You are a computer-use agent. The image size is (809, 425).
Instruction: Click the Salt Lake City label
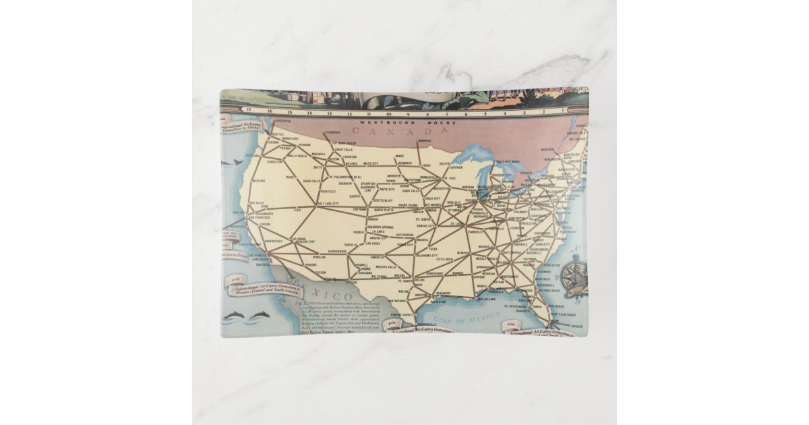coord(328,203)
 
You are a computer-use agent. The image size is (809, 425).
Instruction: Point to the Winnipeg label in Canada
coord(423,141)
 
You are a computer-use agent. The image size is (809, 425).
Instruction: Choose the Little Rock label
coord(445,259)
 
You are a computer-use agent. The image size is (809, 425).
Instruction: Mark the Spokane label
coord(305,145)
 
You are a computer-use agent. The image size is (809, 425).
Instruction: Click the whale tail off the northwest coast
coord(232,161)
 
